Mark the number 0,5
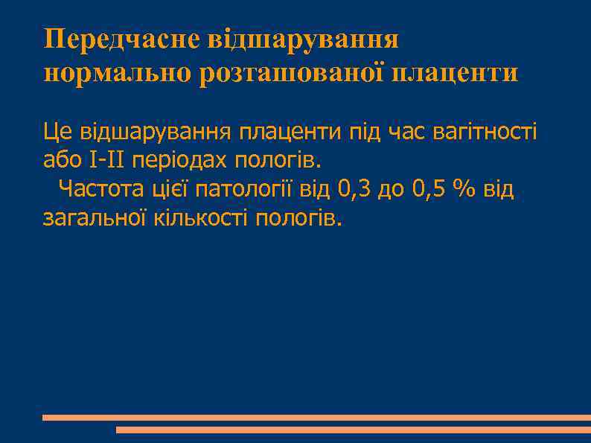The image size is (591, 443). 427,189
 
